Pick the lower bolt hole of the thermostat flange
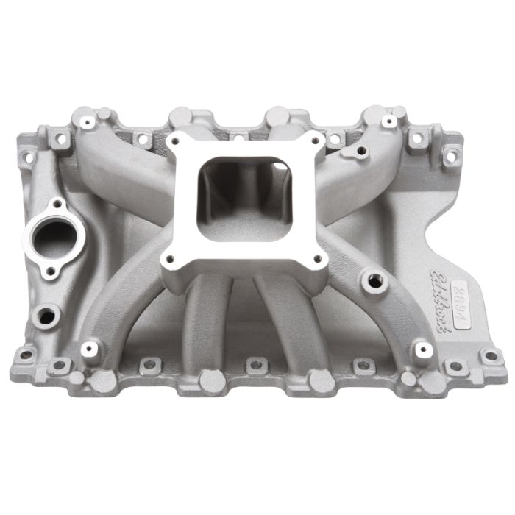click(50, 272)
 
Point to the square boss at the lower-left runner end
click(90, 349)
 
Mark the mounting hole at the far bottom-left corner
click(25, 354)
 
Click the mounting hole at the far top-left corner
click(29, 156)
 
